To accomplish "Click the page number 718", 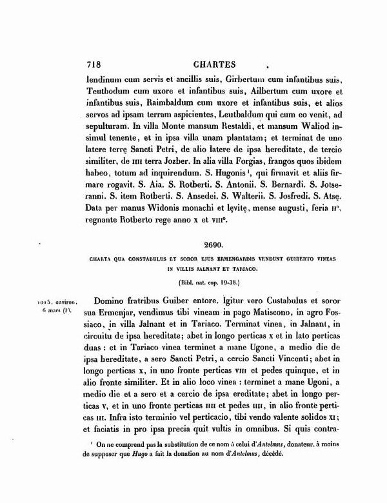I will point(95,64).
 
